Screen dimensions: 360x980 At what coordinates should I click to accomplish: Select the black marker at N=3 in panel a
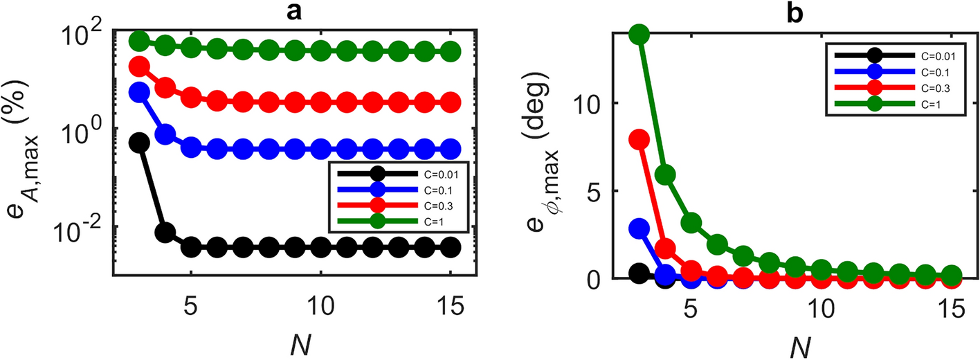140,142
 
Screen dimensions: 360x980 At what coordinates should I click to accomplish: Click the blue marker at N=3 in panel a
140,92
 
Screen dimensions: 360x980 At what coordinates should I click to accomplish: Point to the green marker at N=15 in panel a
451,51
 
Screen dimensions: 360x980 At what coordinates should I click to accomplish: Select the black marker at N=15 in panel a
451,247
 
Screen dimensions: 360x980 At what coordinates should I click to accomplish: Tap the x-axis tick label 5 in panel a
192,309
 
